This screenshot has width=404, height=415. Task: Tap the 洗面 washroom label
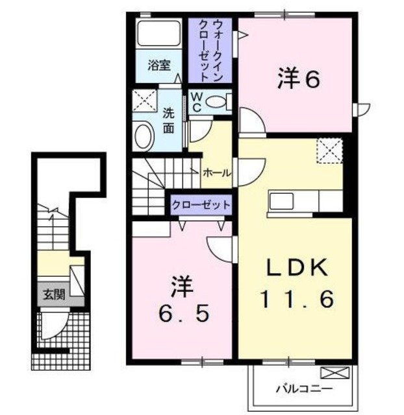click(x=168, y=119)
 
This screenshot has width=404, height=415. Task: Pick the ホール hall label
click(x=215, y=173)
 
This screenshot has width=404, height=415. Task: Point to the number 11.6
click(x=298, y=300)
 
